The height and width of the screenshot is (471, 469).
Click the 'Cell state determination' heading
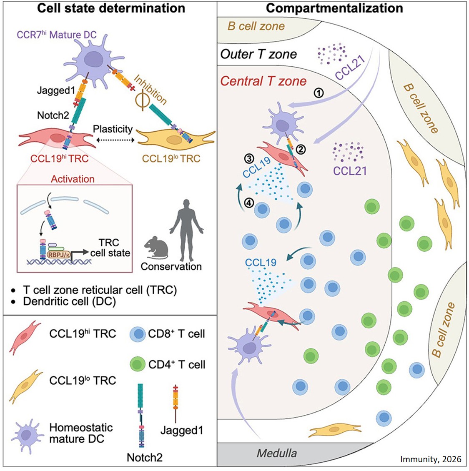[111, 8]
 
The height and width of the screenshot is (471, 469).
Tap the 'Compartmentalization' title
[334, 8]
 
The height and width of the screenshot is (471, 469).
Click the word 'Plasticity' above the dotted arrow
[113, 129]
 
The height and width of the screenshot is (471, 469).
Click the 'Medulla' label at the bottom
[277, 453]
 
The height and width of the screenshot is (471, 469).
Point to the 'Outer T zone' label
[258, 54]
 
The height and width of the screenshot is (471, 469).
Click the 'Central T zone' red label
[263, 81]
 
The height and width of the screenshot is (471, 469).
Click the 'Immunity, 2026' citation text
[431, 459]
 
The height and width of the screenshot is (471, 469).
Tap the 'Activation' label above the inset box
[73, 179]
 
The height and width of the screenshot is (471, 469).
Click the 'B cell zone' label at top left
[256, 26]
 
